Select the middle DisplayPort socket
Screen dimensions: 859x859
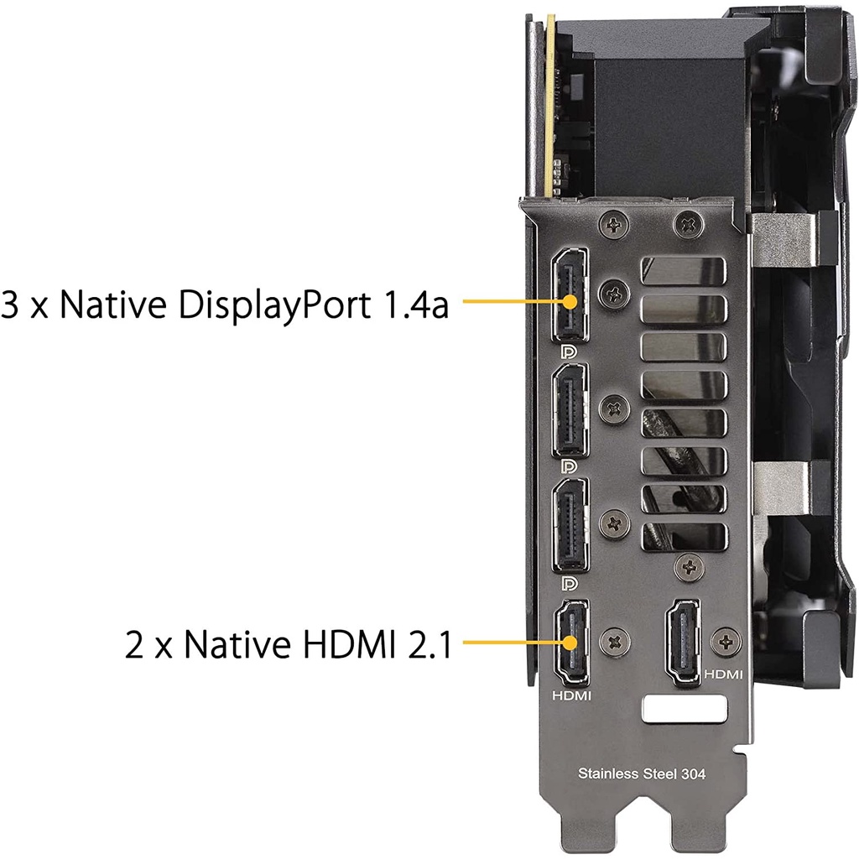(570, 410)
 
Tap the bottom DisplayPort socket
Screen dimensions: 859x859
(570, 525)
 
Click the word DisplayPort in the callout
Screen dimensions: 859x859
(274, 305)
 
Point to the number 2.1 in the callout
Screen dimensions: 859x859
(430, 644)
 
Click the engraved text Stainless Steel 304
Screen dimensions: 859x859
(642, 773)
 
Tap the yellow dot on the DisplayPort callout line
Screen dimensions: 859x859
(570, 301)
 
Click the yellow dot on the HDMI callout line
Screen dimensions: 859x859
(570, 642)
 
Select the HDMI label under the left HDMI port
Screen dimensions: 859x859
(571, 695)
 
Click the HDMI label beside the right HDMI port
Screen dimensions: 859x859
(723, 674)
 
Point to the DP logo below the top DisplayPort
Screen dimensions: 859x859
(570, 351)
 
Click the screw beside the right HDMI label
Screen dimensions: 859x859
(726, 642)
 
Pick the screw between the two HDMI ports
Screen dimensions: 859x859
(615, 642)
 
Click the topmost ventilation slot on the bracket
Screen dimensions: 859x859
(683, 271)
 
